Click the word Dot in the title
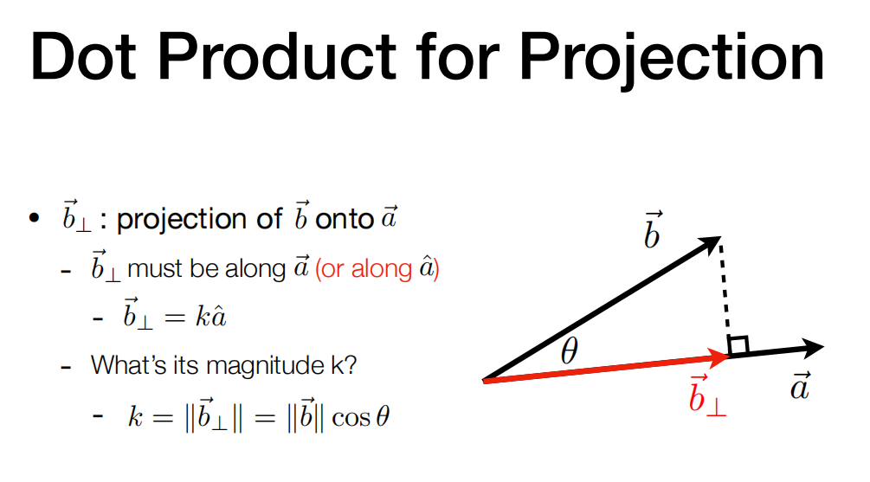click(83, 56)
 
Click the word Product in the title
click(277, 56)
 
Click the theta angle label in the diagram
click(570, 350)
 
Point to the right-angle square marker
click(738, 345)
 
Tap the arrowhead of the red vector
click(719, 356)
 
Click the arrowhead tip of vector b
click(721, 237)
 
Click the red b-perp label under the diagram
click(707, 395)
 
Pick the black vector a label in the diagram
click(800, 385)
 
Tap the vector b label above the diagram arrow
click(653, 229)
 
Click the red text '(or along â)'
click(377, 268)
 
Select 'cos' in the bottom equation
click(351, 418)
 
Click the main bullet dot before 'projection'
click(35, 218)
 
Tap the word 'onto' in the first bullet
click(344, 219)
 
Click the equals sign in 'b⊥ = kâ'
click(174, 318)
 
